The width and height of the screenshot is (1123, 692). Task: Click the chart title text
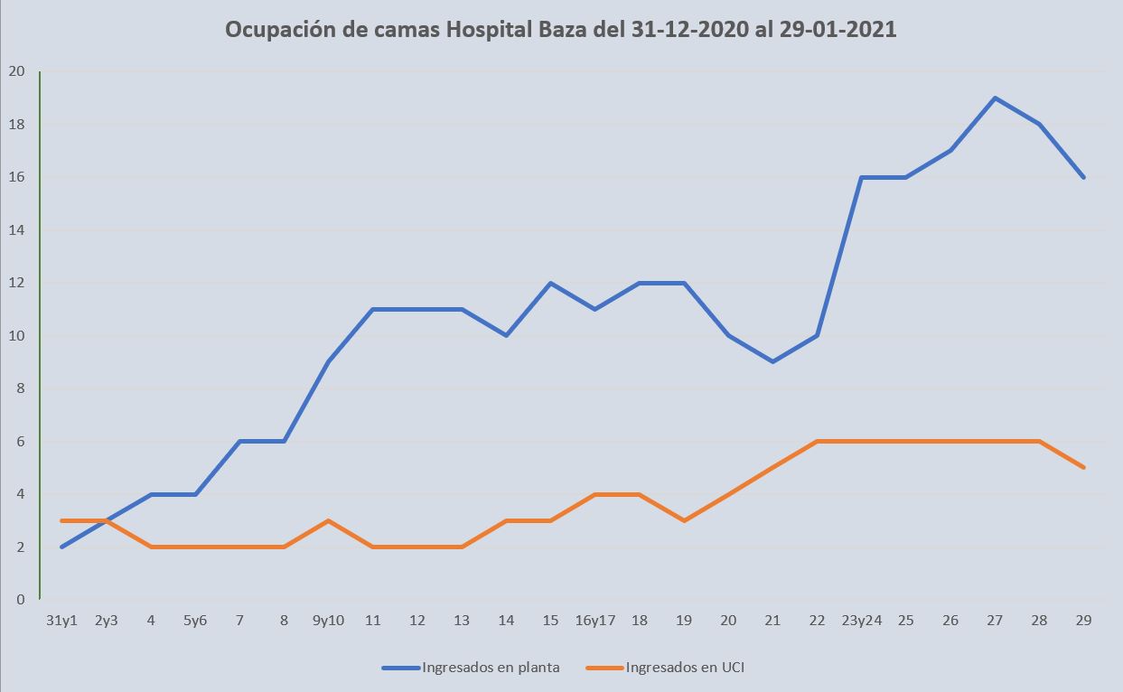tap(560, 30)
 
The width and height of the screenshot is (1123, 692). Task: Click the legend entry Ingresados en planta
tap(491, 668)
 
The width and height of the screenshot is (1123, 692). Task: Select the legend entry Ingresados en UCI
tap(684, 668)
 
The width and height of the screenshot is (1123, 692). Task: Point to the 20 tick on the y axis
tap(17, 71)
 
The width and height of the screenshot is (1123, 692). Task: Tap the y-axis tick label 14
tap(17, 230)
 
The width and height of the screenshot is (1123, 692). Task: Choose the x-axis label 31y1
tap(61, 621)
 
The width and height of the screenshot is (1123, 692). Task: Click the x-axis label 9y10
tap(328, 621)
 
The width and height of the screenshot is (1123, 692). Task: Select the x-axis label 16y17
tap(594, 621)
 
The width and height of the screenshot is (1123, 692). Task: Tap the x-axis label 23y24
tap(862, 621)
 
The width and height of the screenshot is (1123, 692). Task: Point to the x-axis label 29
tap(1083, 621)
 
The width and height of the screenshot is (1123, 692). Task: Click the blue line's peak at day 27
tap(995, 98)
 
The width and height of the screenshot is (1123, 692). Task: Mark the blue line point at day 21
tap(772, 361)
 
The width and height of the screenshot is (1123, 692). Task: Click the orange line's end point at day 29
tap(1083, 467)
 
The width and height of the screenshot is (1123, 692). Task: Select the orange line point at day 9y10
tap(328, 520)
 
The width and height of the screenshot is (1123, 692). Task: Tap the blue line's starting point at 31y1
tap(61, 547)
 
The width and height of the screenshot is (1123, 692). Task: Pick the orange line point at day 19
tap(684, 520)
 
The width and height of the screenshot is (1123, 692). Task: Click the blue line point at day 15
tap(550, 283)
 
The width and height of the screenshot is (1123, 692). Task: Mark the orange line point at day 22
tap(817, 441)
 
